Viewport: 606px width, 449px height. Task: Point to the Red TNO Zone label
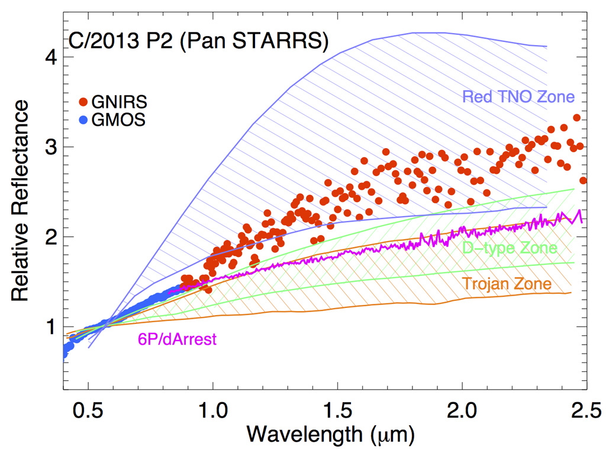coord(518,96)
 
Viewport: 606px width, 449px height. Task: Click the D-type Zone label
coord(510,248)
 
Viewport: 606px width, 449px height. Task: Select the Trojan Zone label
coord(507,284)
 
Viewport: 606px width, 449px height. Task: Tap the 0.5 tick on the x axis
coord(88,410)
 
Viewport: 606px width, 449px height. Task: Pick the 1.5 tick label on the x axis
coord(337,410)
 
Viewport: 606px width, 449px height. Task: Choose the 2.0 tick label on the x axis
coord(462,410)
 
